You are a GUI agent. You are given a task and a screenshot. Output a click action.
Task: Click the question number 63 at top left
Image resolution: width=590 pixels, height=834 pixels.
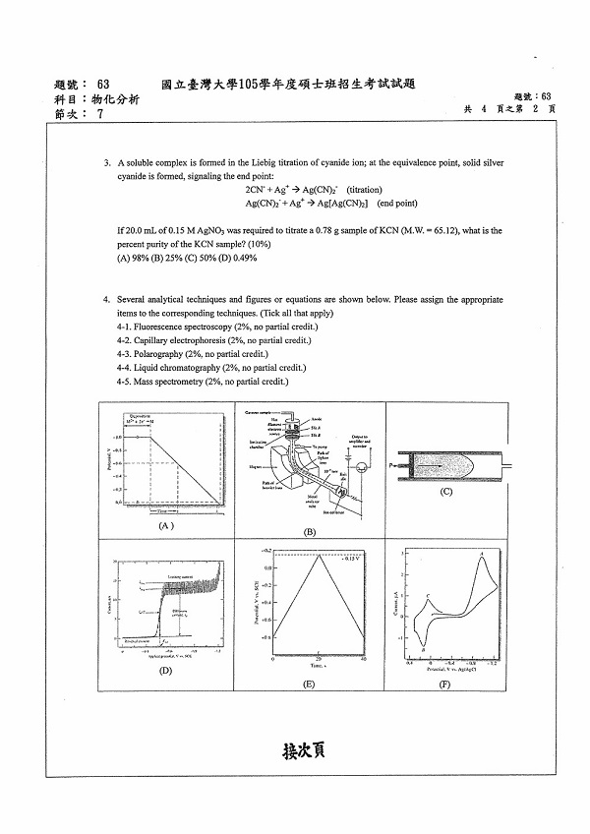coord(104,84)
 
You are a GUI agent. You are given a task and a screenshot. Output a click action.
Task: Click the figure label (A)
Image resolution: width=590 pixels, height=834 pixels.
coord(165,526)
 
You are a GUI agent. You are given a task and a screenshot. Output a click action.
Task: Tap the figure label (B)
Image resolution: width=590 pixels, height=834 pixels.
coord(309,532)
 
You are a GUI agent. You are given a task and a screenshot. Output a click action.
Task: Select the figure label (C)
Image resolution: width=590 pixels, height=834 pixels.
coord(446,491)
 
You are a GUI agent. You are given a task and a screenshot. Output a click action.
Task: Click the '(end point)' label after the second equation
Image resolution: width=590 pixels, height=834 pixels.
coord(397,203)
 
